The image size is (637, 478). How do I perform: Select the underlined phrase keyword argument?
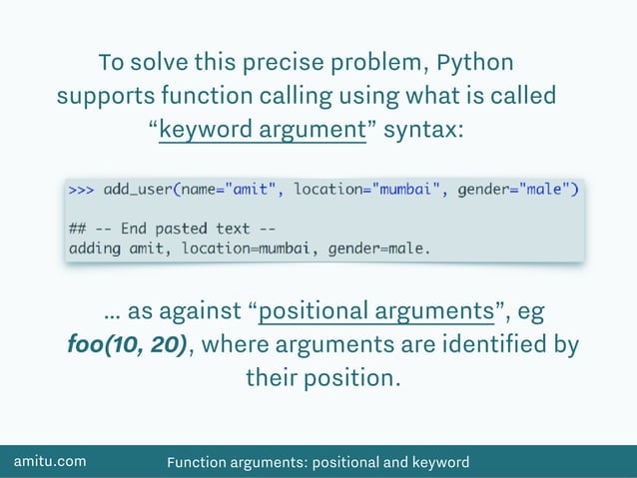point(263,131)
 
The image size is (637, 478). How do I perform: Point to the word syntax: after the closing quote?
point(422,131)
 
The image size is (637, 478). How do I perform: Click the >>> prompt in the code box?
point(82,189)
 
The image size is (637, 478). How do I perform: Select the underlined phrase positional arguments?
point(377,310)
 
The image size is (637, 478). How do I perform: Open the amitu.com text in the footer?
point(49,461)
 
